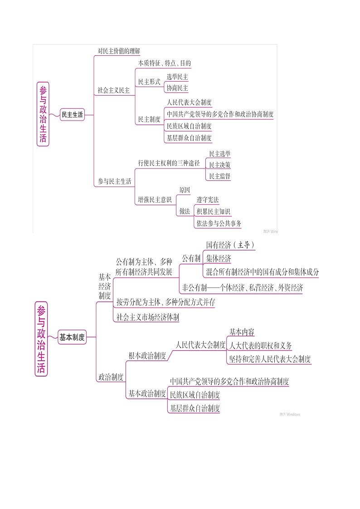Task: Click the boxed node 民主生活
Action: pyautogui.click(x=73, y=115)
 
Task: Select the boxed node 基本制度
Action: pyautogui.click(x=72, y=337)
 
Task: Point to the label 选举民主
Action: pyautogui.click(x=177, y=77)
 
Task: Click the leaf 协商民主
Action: pyautogui.click(x=177, y=88)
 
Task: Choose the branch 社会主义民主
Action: pyautogui.click(x=114, y=90)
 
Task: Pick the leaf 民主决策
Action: pyautogui.click(x=219, y=165)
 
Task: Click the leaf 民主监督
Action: pyautogui.click(x=219, y=176)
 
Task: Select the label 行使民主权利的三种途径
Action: pyautogui.click(x=169, y=163)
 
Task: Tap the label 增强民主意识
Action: pyautogui.click(x=155, y=199)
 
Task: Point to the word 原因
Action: pyautogui.click(x=185, y=190)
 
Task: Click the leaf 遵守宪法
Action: pyautogui.click(x=208, y=200)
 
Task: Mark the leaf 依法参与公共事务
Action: pyautogui.click(x=219, y=223)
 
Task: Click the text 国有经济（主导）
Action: pyautogui.click(x=230, y=245)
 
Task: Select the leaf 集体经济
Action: pyautogui.click(x=219, y=258)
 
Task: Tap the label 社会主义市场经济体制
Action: pyautogui.click(x=148, y=317)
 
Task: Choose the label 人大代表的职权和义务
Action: pyautogui.click(x=261, y=346)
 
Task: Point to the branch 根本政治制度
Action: pyautogui.click(x=147, y=356)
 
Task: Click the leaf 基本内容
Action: pyautogui.click(x=242, y=332)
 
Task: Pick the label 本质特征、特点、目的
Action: pyautogui.click(x=165, y=63)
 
